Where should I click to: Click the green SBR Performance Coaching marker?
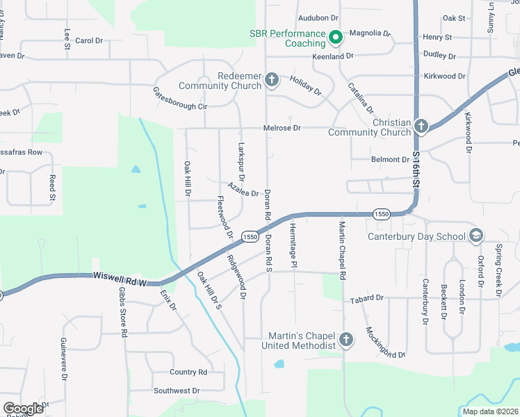click(335, 38)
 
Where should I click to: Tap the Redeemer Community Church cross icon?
click(271, 81)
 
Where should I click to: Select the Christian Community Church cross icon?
click(421, 126)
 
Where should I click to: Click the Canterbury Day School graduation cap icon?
click(476, 236)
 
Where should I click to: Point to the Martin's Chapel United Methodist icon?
click(346, 340)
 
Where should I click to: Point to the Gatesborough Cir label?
click(180, 99)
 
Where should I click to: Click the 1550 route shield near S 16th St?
click(380, 214)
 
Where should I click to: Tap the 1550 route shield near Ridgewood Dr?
click(250, 237)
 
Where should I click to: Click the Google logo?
click(23, 409)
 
